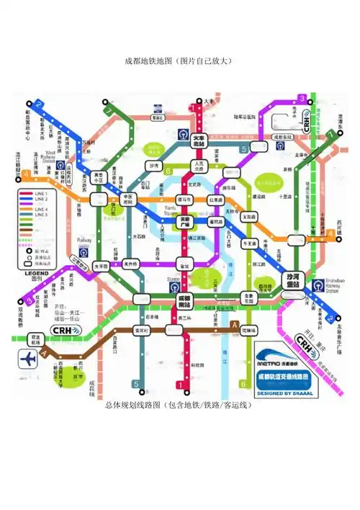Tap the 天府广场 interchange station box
185,220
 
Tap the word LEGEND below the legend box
38,274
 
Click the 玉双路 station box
250,215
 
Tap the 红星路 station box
216,200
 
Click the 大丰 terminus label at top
209,102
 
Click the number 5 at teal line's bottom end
135,383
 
